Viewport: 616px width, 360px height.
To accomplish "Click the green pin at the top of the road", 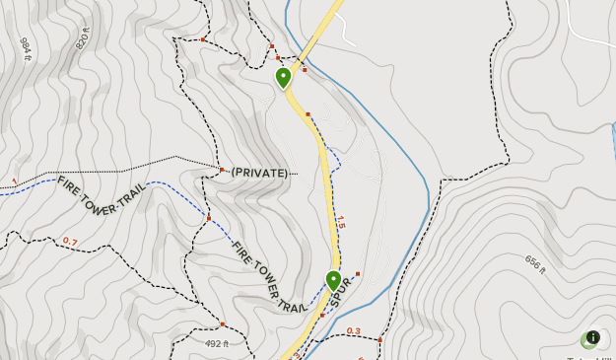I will [284, 77].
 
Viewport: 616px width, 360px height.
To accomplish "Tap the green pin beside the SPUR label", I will [333, 281].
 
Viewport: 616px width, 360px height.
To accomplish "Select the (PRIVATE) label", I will [260, 173].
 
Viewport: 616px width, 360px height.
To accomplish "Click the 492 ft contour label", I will [217, 343].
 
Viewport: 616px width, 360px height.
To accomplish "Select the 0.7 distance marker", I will [70, 241].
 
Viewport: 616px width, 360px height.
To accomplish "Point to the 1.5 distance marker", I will [341, 223].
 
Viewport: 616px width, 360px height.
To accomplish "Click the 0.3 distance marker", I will [353, 331].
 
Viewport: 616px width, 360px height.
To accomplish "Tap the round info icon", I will [592, 337].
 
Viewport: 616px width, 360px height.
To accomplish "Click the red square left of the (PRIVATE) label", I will [223, 170].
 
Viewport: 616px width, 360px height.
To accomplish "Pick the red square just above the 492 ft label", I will [223, 324].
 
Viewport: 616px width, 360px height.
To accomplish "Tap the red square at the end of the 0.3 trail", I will [379, 340].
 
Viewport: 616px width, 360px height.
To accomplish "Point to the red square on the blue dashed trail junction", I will [209, 218].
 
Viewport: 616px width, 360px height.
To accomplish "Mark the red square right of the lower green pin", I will [358, 273].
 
